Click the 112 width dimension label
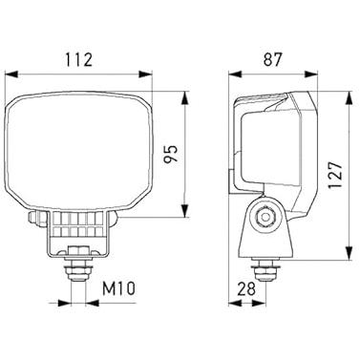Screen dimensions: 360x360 point(78,60)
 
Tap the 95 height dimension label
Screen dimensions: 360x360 point(170,154)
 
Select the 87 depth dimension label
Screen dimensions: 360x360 point(272,59)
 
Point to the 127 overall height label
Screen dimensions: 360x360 point(335,176)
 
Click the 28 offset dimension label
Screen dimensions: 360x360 point(246,289)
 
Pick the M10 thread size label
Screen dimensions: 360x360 point(118,289)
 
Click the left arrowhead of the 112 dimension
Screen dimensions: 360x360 point(11,74)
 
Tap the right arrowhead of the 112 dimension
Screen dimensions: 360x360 point(146,74)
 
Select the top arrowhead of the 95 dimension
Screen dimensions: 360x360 point(184,98)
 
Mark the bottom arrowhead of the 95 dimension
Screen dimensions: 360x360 point(184,211)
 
